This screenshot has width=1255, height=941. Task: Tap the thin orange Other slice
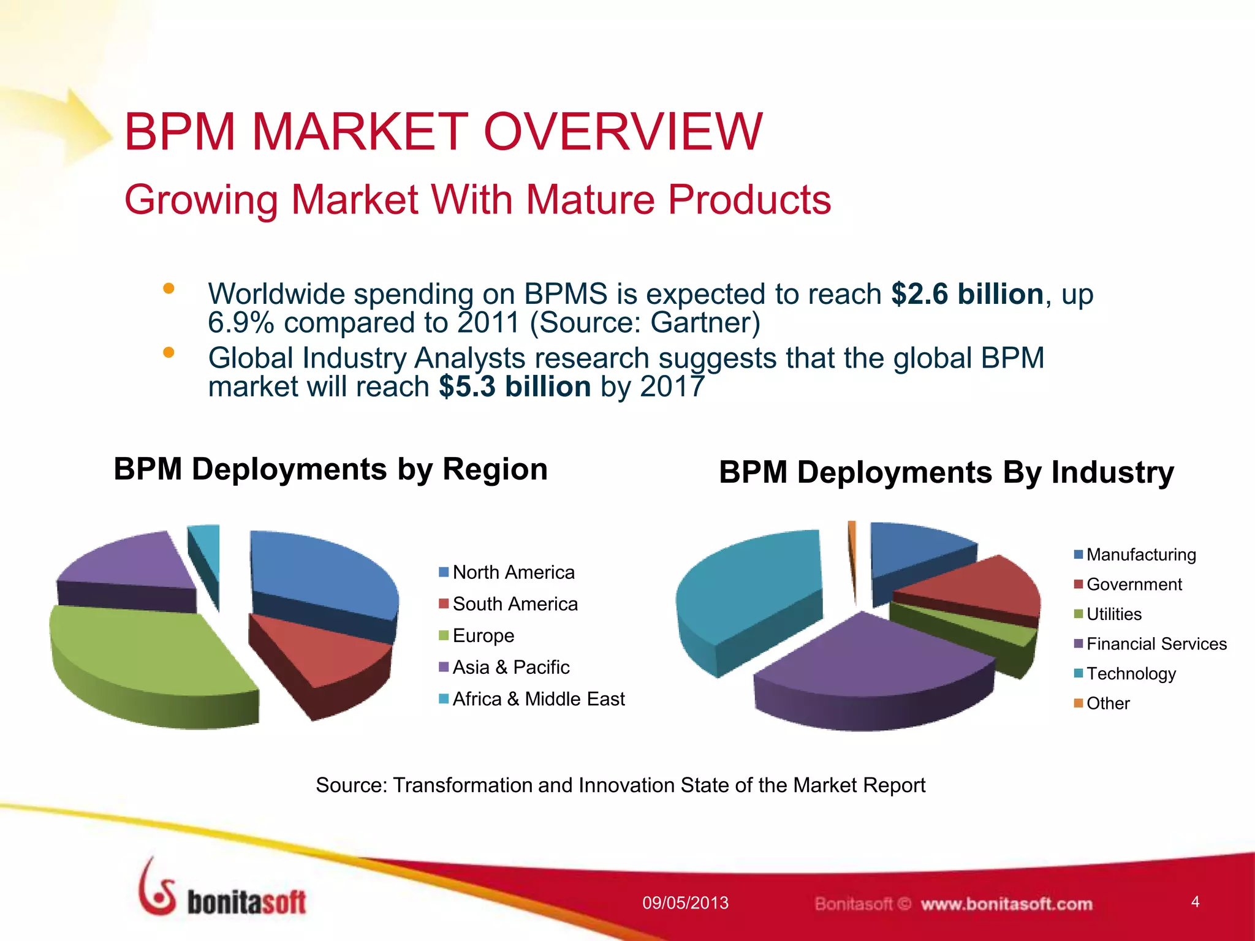[x=852, y=551]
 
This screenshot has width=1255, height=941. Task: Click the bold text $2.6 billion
[x=966, y=294]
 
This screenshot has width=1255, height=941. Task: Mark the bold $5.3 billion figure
[x=514, y=387]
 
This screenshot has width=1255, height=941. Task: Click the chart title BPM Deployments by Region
[x=330, y=470]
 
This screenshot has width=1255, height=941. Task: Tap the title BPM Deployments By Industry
[x=946, y=472]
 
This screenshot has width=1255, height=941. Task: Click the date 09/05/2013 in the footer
[x=685, y=902]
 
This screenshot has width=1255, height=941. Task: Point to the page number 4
[x=1194, y=902]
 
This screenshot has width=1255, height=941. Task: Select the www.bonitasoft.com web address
[x=1006, y=904]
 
